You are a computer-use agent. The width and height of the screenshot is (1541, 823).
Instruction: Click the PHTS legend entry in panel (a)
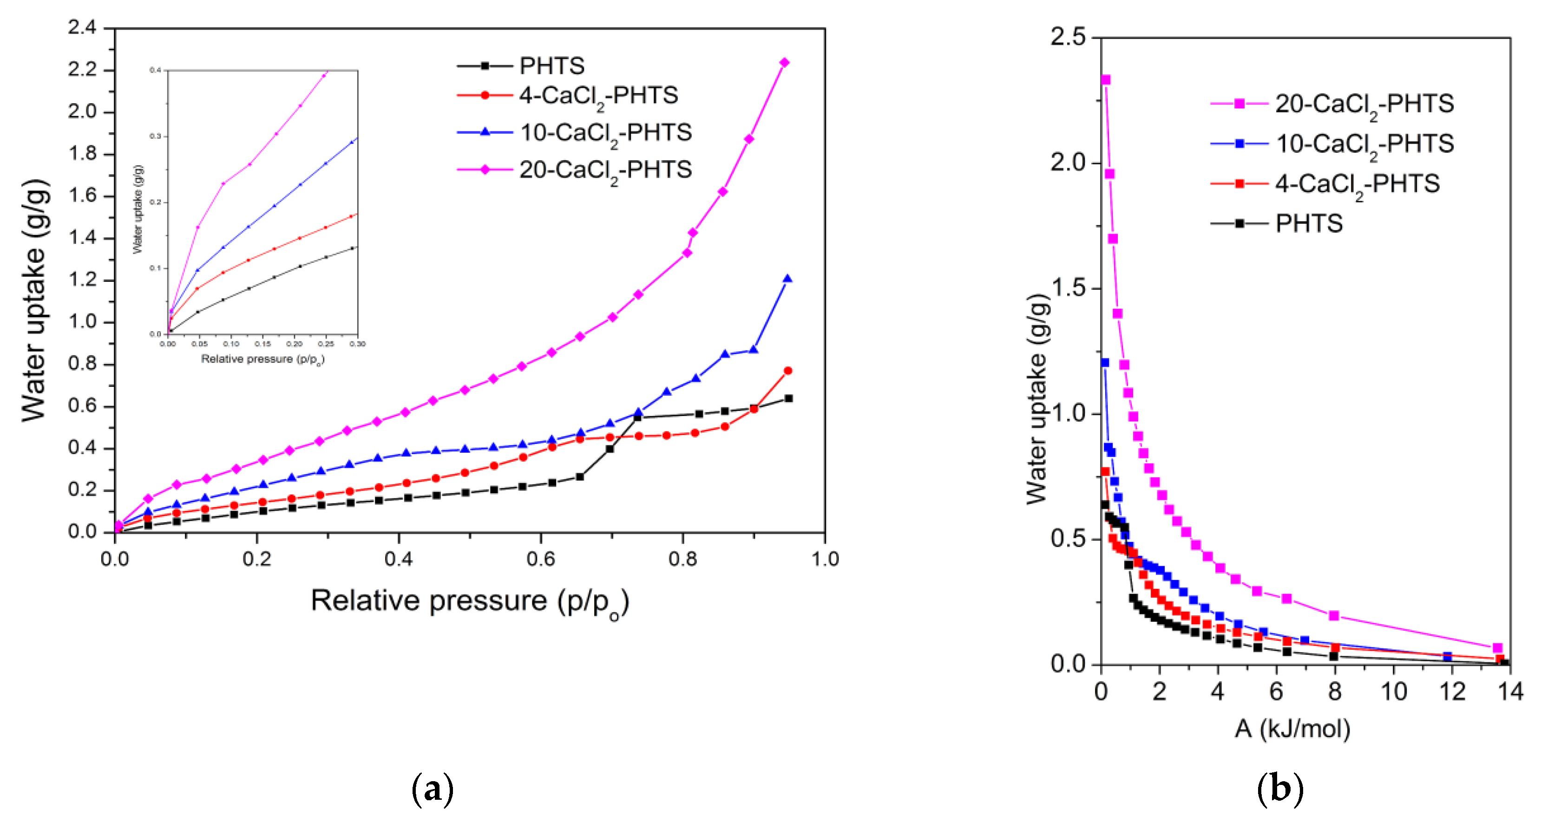tap(551, 66)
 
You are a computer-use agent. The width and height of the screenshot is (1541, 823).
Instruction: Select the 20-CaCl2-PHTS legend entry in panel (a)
tap(604, 170)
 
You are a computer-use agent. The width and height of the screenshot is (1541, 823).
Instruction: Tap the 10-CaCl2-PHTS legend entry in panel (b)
tap(1364, 144)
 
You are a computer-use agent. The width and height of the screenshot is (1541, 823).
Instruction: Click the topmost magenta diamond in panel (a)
tap(784, 63)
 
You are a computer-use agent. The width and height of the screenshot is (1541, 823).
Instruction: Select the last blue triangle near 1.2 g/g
tap(787, 279)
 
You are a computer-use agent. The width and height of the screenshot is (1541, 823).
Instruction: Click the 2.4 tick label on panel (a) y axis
tap(82, 27)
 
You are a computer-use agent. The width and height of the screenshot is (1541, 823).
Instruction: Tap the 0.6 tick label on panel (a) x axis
tap(541, 559)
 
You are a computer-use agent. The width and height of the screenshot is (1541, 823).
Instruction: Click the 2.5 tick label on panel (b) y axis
tap(1068, 37)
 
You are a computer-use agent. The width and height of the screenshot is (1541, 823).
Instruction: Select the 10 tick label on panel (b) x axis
tap(1393, 692)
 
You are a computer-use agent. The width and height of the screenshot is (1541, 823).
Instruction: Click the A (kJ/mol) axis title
tap(1292, 729)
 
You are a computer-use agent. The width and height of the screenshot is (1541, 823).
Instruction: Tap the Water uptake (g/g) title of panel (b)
tap(1037, 399)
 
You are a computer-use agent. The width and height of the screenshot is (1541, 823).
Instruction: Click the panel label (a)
tap(433, 790)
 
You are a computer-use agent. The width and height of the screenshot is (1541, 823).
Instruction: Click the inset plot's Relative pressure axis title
tap(262, 359)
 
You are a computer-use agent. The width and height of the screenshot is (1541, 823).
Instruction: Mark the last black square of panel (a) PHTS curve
tap(788, 398)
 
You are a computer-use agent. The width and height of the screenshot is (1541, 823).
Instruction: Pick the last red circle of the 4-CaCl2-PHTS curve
tap(788, 371)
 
